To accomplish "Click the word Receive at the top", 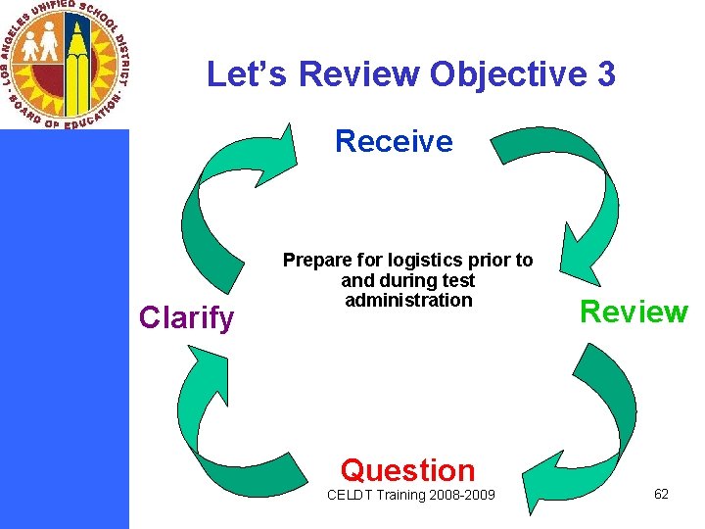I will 394,142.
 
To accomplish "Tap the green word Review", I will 634,312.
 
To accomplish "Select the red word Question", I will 407,470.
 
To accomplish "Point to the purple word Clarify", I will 187,317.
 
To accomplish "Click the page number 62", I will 661,494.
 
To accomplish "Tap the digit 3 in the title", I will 604,73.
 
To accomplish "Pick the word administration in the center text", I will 408,300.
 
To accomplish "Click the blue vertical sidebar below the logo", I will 64,333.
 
